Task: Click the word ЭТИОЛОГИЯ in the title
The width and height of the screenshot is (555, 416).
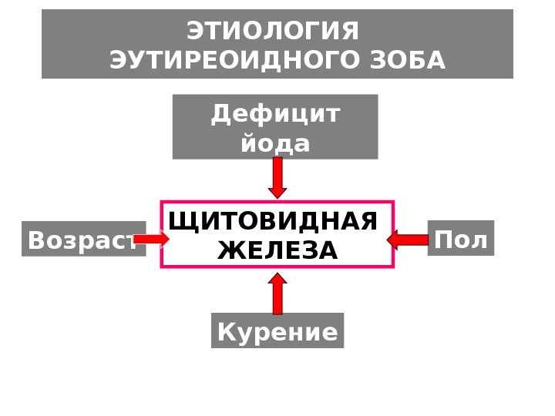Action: click(x=274, y=32)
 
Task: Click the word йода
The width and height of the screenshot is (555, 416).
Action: click(x=276, y=143)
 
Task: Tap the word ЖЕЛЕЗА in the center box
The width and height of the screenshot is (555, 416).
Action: click(x=277, y=250)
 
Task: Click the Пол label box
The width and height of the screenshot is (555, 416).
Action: click(x=461, y=240)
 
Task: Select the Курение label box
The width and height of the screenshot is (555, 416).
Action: click(x=277, y=331)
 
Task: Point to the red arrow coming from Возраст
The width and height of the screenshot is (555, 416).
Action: click(x=151, y=240)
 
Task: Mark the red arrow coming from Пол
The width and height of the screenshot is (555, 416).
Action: click(x=407, y=240)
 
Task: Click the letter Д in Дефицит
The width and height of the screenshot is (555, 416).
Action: click(x=221, y=115)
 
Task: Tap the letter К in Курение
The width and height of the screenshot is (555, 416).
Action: click(x=226, y=332)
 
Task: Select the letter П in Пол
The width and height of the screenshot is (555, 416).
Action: click(x=444, y=240)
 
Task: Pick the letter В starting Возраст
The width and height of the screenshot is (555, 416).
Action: click(x=36, y=241)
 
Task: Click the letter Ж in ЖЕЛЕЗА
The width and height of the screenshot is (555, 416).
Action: click(x=229, y=250)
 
